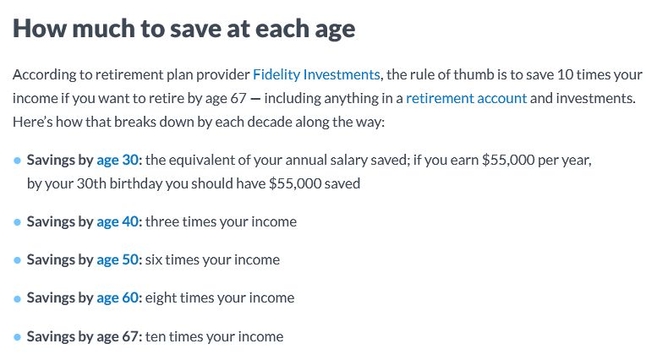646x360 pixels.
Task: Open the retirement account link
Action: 466,98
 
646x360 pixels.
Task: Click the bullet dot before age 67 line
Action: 18,337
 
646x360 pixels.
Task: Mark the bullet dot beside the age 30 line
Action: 18,161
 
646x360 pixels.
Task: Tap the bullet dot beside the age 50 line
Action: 18,260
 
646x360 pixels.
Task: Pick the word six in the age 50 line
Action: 155,259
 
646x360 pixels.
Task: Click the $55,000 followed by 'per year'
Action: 507,160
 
